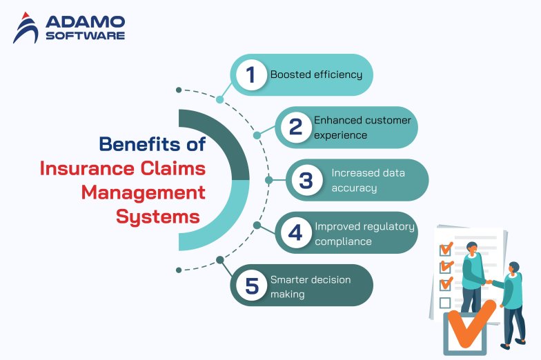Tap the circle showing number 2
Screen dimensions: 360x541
coord(295,127)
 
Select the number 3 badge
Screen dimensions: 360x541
coord(306,180)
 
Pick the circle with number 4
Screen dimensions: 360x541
coord(295,233)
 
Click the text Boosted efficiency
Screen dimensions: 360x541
coord(316,74)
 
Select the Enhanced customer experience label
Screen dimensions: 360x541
coord(362,128)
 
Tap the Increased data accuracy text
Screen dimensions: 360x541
coord(363,180)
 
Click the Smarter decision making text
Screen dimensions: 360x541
coord(311,286)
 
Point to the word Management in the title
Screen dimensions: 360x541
coord(144,192)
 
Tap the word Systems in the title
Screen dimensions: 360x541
coord(158,217)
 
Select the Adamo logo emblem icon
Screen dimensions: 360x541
coord(26,28)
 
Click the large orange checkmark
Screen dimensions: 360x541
coord(471,322)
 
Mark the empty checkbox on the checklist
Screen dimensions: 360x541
coord(445,303)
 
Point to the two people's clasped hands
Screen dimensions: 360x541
coord(488,281)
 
